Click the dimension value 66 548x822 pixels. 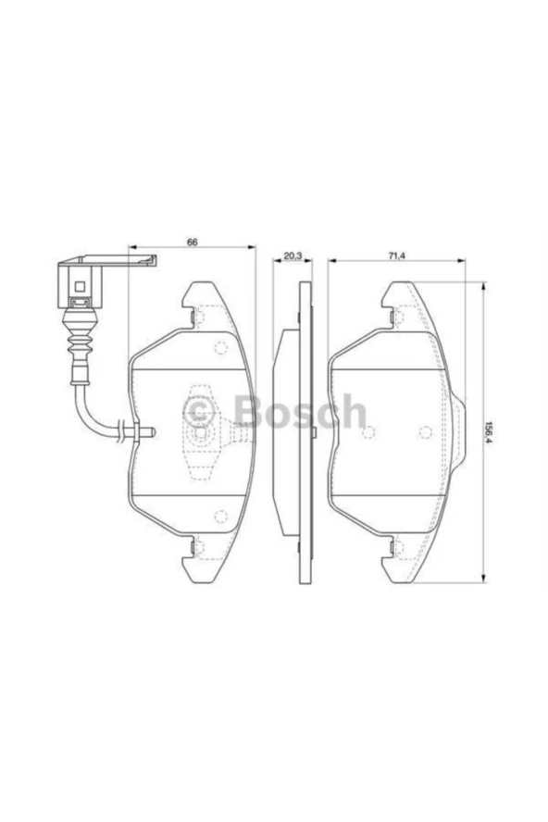click(x=192, y=243)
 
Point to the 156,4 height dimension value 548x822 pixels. click(x=489, y=432)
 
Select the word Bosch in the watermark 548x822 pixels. click(x=299, y=411)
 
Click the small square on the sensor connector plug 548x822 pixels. click(x=80, y=287)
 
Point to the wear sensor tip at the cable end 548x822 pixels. click(x=148, y=432)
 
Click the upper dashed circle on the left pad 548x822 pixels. click(x=220, y=348)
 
